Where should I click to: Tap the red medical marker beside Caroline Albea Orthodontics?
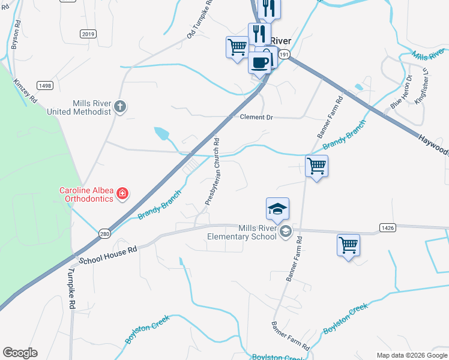click(122, 193)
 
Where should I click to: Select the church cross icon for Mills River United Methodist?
click(120, 107)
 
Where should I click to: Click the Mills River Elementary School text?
click(241, 232)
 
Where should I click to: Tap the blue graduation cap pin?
click(277, 209)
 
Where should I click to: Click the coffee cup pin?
click(260, 62)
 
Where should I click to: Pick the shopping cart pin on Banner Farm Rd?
click(316, 165)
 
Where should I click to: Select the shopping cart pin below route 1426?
click(348, 245)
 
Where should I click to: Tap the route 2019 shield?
click(88, 34)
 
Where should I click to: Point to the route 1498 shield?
click(44, 86)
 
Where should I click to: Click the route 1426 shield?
click(388, 227)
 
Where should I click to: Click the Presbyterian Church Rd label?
click(213, 172)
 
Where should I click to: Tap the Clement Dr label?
click(256, 118)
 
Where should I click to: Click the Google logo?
click(20, 353)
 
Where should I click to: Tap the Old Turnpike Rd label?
click(200, 20)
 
